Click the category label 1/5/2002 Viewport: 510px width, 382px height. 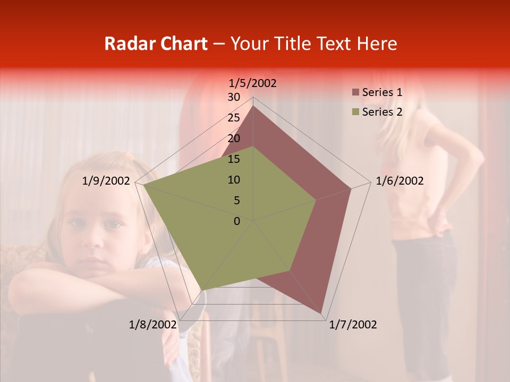[x=252, y=83]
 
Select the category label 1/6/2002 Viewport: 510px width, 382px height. [x=399, y=181]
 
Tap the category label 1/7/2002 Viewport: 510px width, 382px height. [x=353, y=324]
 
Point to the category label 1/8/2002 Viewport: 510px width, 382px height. [x=153, y=324]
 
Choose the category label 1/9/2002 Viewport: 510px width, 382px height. [x=106, y=181]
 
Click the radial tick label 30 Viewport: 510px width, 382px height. [x=234, y=97]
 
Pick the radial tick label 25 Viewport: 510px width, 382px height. [x=234, y=118]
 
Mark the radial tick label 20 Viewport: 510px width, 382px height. [x=234, y=138]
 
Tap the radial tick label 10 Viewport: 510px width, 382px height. [x=234, y=180]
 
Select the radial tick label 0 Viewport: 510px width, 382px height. [x=237, y=221]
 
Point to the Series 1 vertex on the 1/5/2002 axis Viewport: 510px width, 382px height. [x=253, y=106]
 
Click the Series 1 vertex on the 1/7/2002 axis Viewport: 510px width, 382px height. [x=321, y=314]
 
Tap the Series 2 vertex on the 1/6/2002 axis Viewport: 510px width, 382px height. [x=316, y=200]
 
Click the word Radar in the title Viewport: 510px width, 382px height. [x=125, y=44]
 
